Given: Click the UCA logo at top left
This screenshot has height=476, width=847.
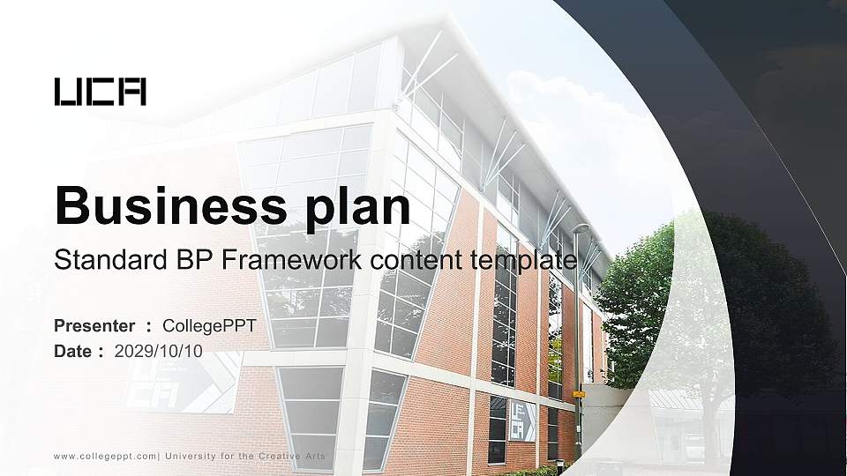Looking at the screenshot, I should point(100,92).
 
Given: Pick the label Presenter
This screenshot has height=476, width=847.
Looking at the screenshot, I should point(94,326).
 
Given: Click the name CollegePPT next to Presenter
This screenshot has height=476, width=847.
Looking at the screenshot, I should point(209,326).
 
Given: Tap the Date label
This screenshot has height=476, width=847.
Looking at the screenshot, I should point(73,351).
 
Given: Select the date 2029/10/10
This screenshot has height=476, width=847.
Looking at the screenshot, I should point(159,351).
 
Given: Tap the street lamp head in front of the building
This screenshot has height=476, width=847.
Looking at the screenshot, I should point(580,229).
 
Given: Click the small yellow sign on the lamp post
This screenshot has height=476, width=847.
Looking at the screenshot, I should point(579,394).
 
